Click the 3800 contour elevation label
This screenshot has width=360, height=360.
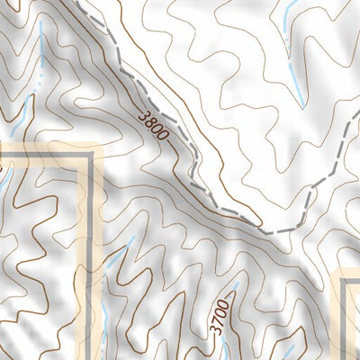154,125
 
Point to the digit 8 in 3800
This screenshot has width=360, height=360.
150,121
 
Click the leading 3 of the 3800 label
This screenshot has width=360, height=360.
145,115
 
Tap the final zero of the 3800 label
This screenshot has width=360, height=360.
163,135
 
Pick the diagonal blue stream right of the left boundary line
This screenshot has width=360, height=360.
121,253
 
